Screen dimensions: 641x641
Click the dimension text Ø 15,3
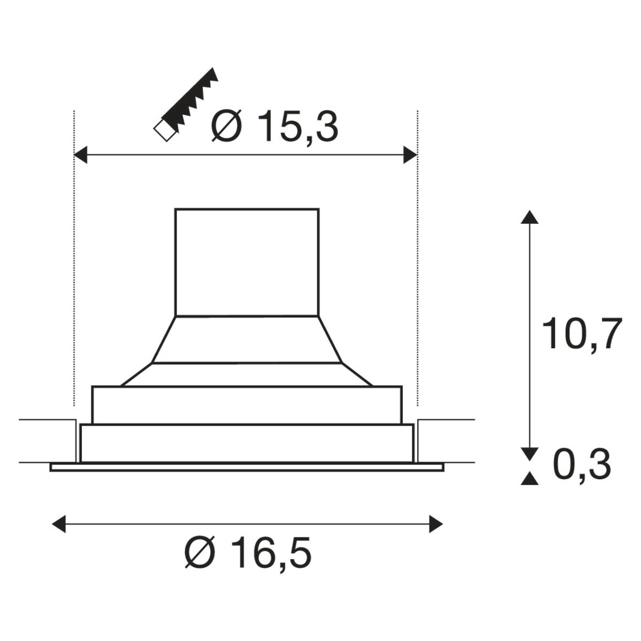point(275,127)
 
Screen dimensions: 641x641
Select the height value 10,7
point(582,333)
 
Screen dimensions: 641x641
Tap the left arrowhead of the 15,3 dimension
point(80,155)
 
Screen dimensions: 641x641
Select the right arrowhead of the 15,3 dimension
point(410,155)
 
